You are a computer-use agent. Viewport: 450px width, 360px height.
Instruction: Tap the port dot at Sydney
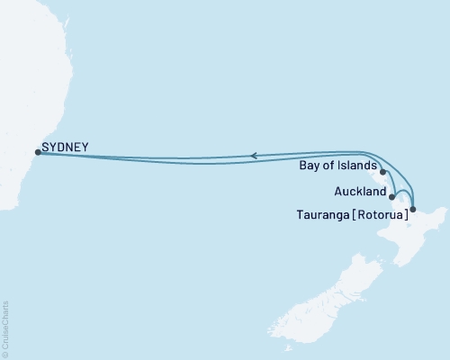37,152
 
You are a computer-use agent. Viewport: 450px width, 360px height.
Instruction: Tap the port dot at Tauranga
412,210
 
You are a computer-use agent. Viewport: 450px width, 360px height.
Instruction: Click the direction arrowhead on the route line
255,156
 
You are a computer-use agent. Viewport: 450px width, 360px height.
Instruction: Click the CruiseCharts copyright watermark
5,328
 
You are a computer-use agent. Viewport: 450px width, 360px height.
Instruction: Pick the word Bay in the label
307,166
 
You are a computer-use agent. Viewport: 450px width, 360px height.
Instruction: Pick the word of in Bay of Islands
329,166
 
